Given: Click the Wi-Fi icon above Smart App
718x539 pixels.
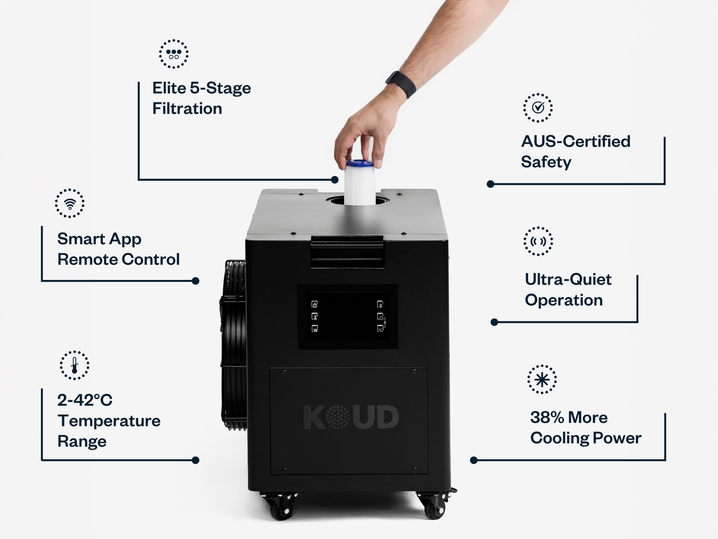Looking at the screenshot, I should click(x=70, y=203).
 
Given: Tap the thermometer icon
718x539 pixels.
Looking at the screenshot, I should click(x=74, y=365).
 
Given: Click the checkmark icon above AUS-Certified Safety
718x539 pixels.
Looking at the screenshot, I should click(x=538, y=108).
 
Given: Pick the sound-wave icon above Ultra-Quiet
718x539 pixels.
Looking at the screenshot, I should click(x=538, y=241).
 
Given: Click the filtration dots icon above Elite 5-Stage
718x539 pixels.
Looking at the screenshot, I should click(x=174, y=54).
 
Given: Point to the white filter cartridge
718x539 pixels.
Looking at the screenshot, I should click(x=359, y=183).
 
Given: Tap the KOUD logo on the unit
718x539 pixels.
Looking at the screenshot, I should click(x=351, y=417).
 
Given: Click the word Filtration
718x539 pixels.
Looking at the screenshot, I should click(x=187, y=109).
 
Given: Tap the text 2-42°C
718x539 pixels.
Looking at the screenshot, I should click(x=85, y=400).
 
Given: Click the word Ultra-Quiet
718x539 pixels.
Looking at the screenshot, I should click(x=568, y=279).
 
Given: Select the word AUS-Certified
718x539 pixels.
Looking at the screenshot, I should click(x=576, y=142).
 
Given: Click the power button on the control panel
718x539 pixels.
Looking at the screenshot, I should click(x=314, y=304).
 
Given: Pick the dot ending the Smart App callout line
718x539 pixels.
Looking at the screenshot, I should click(x=195, y=281).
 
